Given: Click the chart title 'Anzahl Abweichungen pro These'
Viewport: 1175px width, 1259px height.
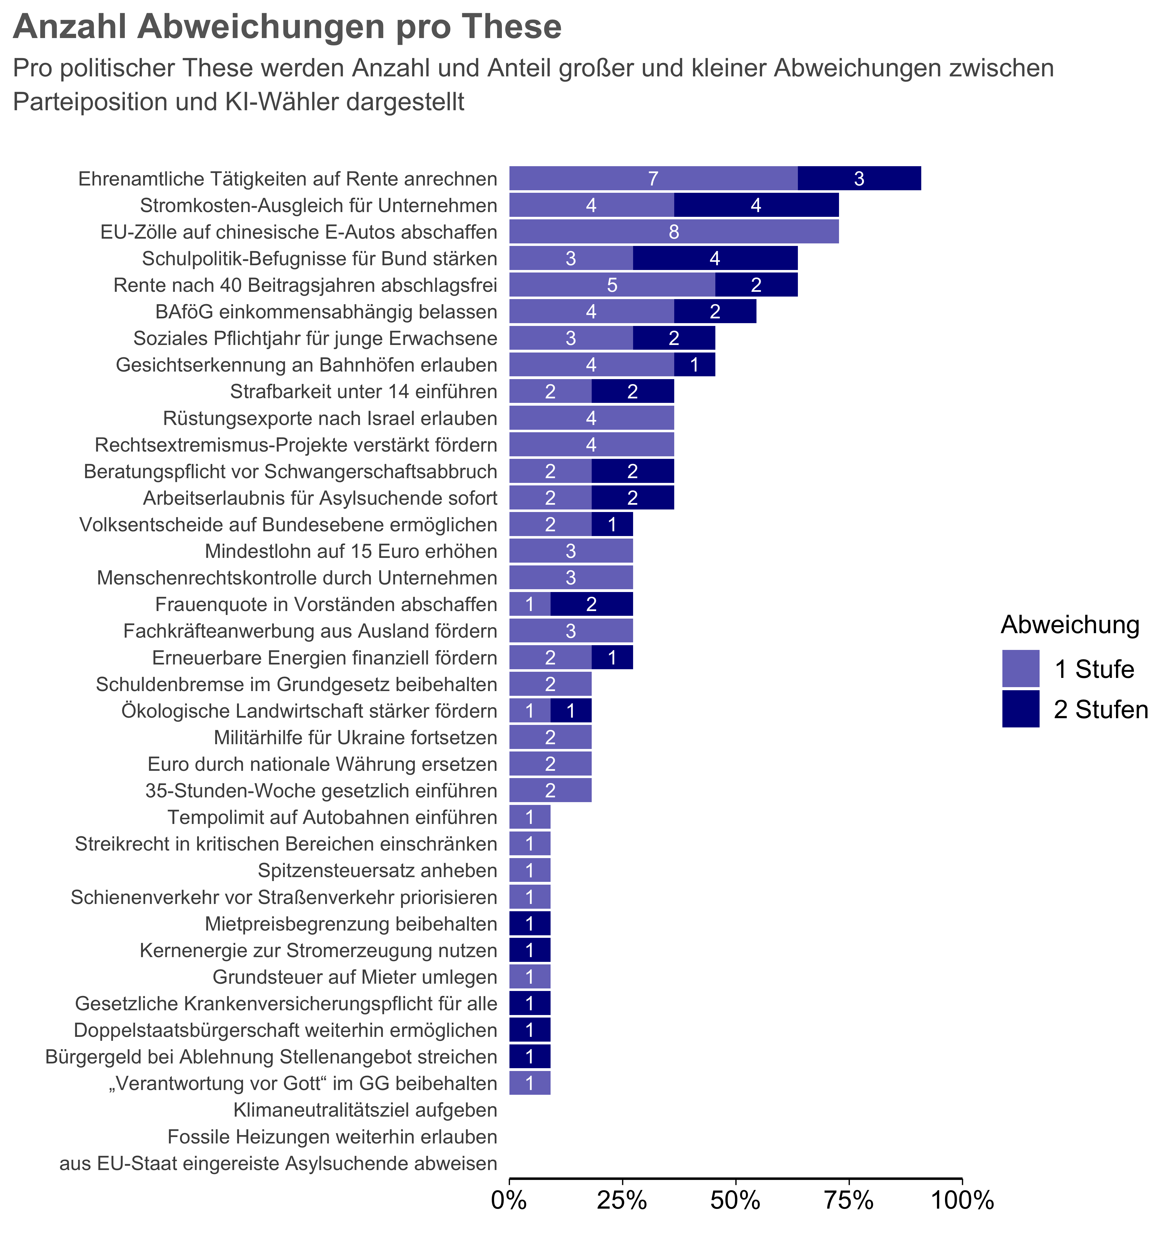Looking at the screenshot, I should tap(287, 27).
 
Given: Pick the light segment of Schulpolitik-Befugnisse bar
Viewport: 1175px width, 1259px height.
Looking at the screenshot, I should tap(571, 259).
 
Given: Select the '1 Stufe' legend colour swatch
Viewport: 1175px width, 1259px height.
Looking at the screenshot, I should tap(1021, 668).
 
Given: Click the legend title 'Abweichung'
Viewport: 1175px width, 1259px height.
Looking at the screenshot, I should tap(1070, 625).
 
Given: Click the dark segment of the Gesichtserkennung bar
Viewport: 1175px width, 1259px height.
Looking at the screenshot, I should tap(694, 365).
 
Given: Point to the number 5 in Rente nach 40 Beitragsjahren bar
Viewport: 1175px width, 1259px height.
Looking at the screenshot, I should tap(612, 285).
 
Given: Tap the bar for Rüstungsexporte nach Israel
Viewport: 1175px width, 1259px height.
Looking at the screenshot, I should tap(591, 418).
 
